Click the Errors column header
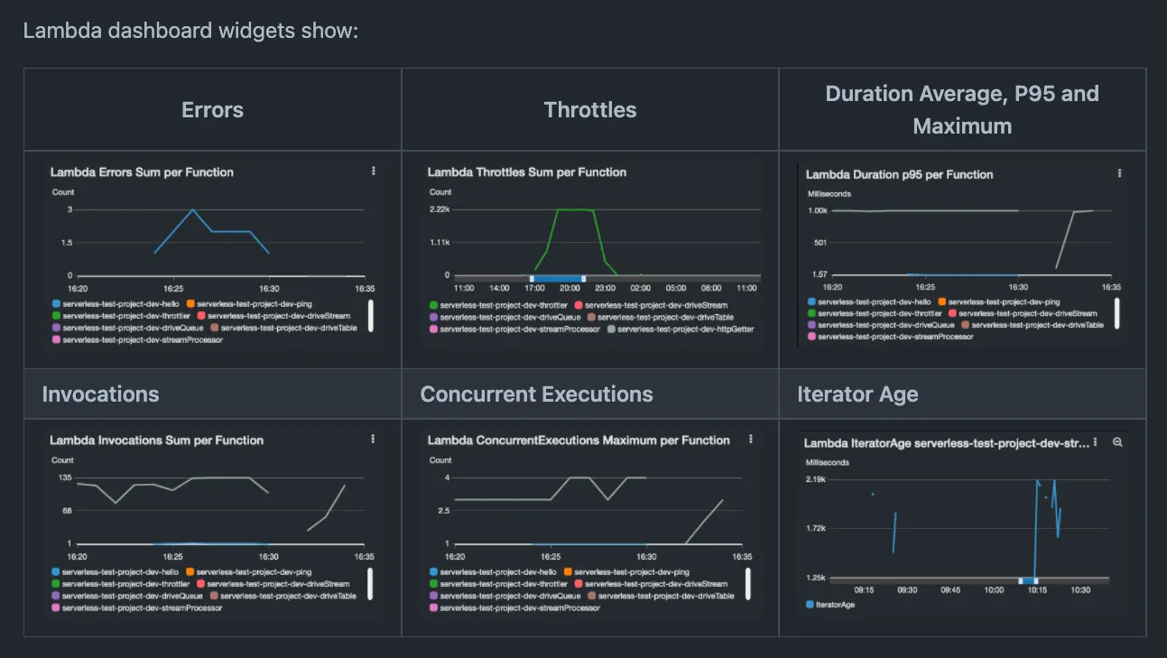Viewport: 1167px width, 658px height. click(x=212, y=110)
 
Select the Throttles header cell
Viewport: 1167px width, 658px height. click(x=590, y=110)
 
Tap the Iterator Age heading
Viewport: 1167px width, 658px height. click(x=857, y=394)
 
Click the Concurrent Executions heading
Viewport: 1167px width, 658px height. click(x=536, y=394)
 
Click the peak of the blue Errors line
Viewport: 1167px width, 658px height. click(x=192, y=209)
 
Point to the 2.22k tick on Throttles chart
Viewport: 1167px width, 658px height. click(x=440, y=209)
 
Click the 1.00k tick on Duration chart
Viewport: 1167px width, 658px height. click(x=818, y=211)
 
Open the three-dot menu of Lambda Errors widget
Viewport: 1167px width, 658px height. click(x=374, y=171)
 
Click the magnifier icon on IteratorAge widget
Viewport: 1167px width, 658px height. click(x=1117, y=442)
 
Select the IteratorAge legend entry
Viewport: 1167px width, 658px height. click(x=834, y=605)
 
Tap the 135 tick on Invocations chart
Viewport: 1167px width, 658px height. click(x=65, y=477)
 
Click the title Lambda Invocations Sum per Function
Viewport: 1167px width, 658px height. click(x=156, y=440)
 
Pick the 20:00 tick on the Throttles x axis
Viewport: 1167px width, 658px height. click(x=569, y=289)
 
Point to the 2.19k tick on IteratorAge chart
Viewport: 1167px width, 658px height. click(x=816, y=479)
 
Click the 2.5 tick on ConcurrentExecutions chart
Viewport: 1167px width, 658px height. click(x=444, y=511)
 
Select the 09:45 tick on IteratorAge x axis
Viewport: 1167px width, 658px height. click(x=949, y=589)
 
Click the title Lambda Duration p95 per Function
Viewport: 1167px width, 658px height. click(x=899, y=174)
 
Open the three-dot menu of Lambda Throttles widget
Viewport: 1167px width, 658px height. click(x=751, y=171)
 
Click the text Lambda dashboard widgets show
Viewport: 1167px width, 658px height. click(x=190, y=31)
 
